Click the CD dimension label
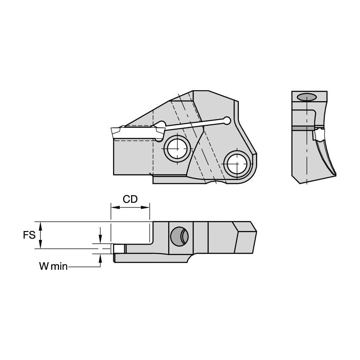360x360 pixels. (x=130, y=199)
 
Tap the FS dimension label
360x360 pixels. (x=29, y=235)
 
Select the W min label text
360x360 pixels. (x=53, y=266)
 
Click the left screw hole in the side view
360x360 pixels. (x=177, y=148)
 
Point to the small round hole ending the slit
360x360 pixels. (x=227, y=121)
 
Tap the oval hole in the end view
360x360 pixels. (x=306, y=97)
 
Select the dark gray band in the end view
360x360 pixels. (x=304, y=128)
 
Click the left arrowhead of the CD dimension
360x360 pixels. (x=113, y=207)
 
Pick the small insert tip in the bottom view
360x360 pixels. (x=119, y=249)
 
